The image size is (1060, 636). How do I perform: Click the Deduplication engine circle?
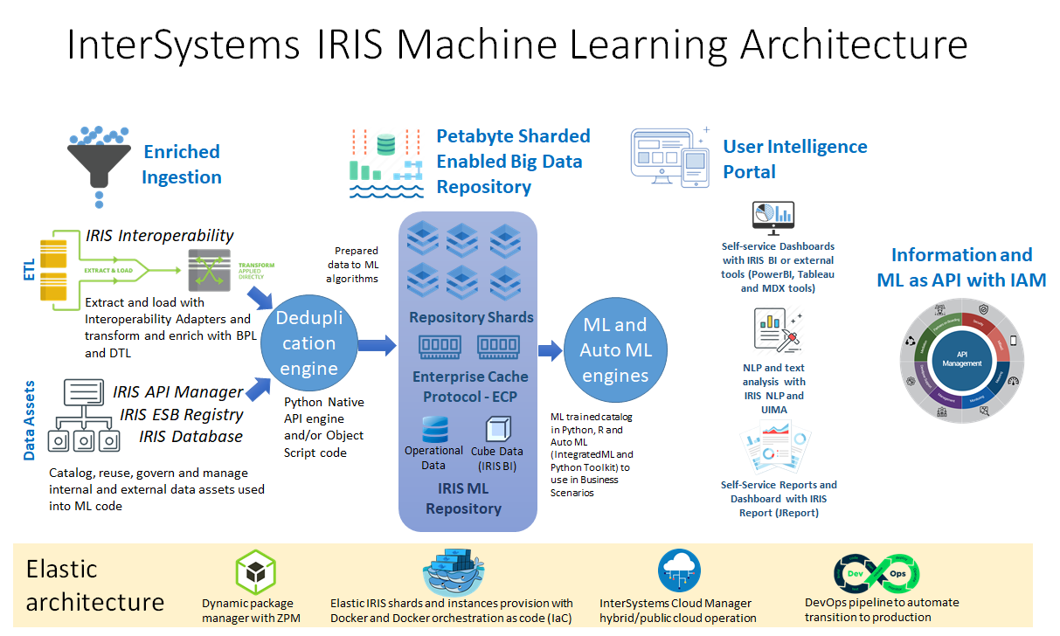click(x=308, y=343)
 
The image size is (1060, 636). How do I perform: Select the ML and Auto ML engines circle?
click(x=615, y=350)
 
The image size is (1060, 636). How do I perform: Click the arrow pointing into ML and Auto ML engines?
click(x=550, y=351)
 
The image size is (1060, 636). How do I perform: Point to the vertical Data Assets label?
click(x=29, y=419)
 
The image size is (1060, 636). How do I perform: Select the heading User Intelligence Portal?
click(x=794, y=159)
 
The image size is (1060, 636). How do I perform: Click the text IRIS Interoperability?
click(x=159, y=235)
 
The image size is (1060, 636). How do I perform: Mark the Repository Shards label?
click(x=471, y=317)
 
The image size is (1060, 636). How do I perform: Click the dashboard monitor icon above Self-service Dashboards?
click(x=772, y=218)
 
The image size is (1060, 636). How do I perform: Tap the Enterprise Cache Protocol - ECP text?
click(x=470, y=386)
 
